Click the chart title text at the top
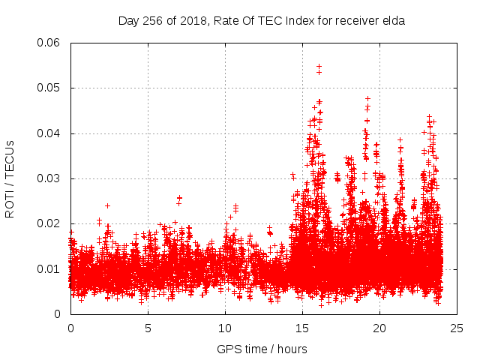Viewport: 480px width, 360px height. (x=262, y=21)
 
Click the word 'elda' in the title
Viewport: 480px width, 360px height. (x=393, y=21)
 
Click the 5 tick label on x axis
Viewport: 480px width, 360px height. (x=148, y=328)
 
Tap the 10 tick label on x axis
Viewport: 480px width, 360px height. (x=225, y=328)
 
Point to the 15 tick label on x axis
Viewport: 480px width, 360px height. (x=302, y=328)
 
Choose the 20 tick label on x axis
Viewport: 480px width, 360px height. (x=379, y=328)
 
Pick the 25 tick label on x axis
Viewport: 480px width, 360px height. (x=457, y=328)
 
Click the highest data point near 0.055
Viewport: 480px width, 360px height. (x=319, y=66)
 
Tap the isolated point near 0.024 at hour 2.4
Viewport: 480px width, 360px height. (x=107, y=205)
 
